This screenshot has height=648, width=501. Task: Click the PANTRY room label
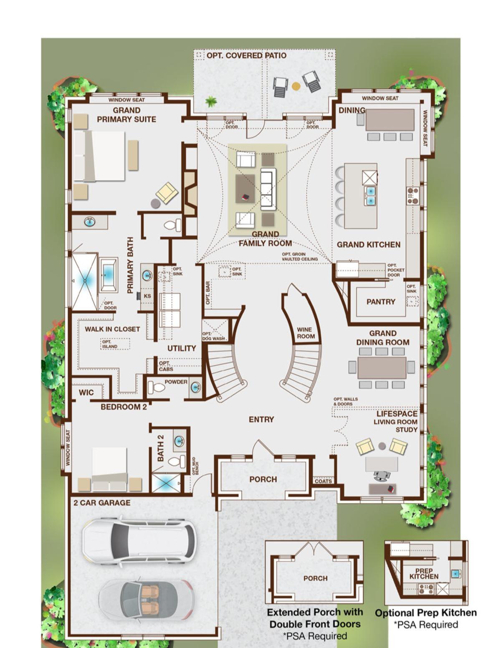click(x=381, y=302)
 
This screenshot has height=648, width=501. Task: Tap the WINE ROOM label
click(x=304, y=333)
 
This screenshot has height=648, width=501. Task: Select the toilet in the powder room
click(x=157, y=387)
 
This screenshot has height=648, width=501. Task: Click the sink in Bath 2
click(x=179, y=441)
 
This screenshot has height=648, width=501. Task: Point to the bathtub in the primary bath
click(x=108, y=275)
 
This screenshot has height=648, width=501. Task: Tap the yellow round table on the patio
click(x=296, y=86)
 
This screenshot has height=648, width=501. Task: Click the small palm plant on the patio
click(x=211, y=102)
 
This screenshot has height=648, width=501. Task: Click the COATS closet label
click(x=324, y=481)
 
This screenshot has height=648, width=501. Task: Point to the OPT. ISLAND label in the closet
click(x=110, y=344)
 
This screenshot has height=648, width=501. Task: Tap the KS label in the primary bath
click(x=147, y=296)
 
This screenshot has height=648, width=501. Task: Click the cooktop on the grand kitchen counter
click(x=413, y=196)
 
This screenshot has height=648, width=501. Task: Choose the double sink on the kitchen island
click(x=370, y=196)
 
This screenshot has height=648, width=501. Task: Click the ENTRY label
click(x=261, y=420)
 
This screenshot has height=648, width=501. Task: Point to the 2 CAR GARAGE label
click(x=102, y=503)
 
